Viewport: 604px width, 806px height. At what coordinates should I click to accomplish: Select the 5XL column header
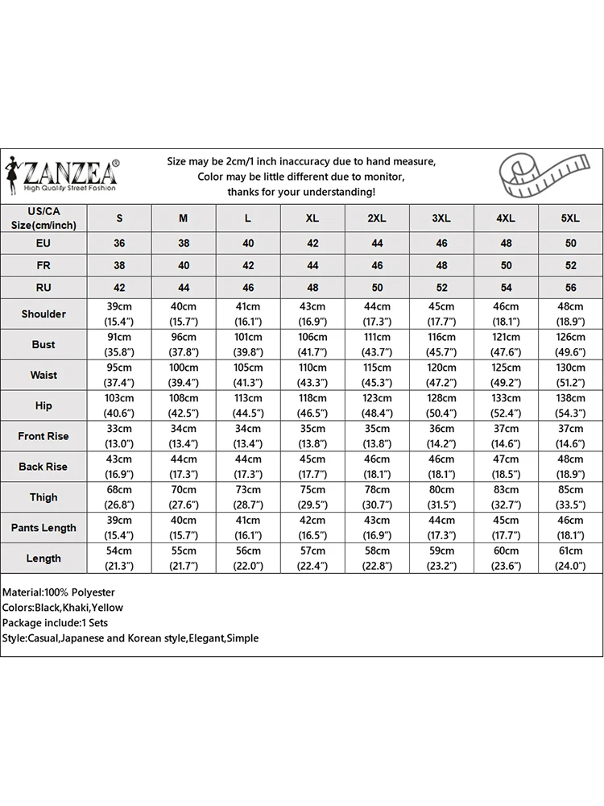coord(570,218)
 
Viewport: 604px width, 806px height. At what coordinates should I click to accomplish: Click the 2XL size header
coord(377,218)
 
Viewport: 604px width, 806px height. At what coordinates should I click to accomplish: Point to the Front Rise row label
coord(43,436)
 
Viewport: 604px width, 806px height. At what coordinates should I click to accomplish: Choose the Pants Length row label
coord(43,528)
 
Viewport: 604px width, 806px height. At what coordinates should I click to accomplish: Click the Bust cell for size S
coord(119,344)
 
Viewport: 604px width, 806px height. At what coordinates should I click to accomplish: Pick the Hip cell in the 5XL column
coord(570,405)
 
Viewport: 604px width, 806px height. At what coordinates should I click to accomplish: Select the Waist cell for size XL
coord(312,375)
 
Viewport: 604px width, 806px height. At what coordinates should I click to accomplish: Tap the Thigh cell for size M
coord(184,497)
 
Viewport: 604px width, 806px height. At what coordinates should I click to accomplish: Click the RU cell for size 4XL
coord(506,287)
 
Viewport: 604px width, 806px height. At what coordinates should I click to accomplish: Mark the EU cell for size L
coord(248,243)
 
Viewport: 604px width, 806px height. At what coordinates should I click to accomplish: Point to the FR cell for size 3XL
coord(441,265)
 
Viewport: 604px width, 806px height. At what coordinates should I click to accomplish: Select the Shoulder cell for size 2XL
coord(377,314)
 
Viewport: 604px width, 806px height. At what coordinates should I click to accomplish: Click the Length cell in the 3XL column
coord(441,559)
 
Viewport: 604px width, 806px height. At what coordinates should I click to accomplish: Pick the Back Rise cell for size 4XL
coord(506,467)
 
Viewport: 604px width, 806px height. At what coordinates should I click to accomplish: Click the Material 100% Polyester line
coord(59,592)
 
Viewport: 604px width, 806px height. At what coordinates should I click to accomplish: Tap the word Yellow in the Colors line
coord(108,608)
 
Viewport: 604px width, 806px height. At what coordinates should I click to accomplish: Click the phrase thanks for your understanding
coord(301,192)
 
